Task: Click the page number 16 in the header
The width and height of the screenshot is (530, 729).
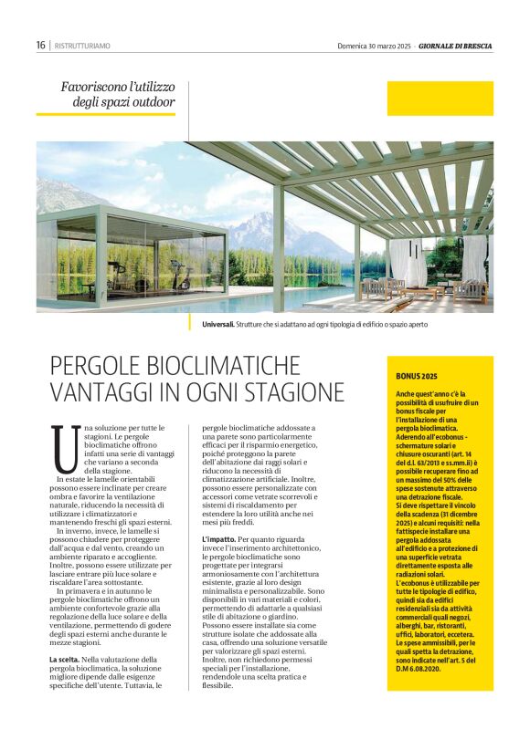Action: tap(41, 45)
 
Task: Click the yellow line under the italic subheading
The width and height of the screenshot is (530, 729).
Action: tap(105, 114)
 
